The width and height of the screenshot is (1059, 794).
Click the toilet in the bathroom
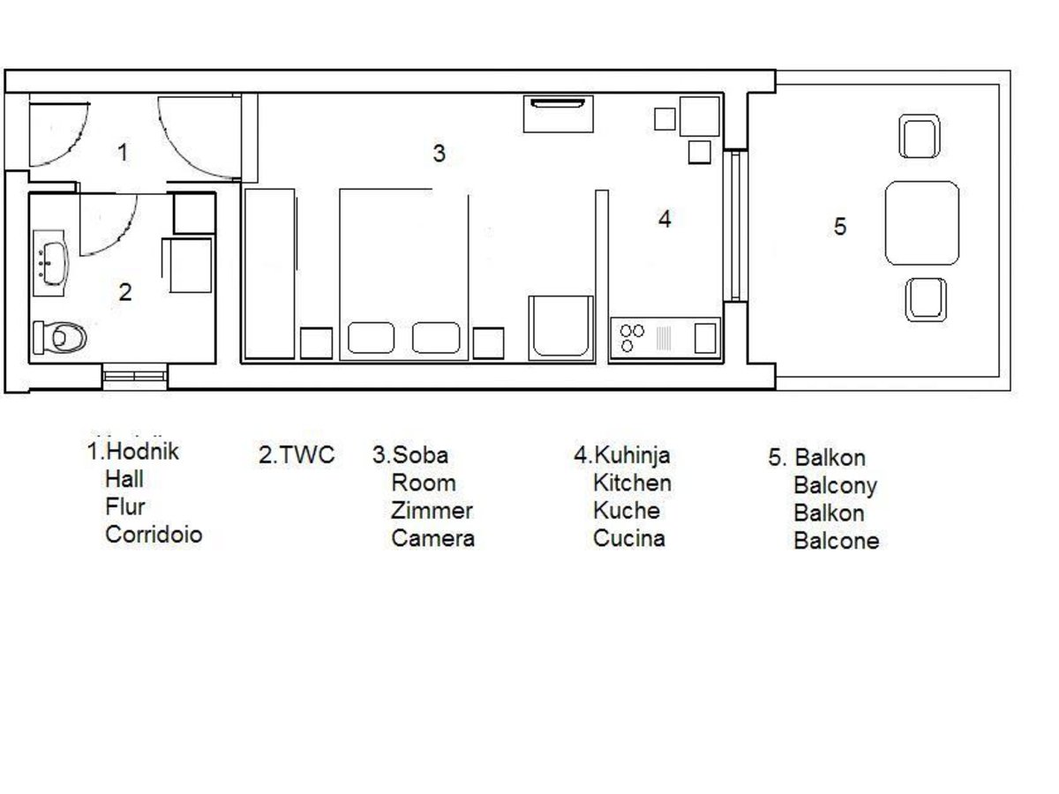[x=60, y=337]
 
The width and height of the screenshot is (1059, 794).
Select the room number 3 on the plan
[x=439, y=154]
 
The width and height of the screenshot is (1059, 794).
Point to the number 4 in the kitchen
[x=665, y=219]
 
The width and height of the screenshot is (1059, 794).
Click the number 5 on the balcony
[x=840, y=226]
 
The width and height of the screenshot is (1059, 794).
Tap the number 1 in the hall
[x=123, y=153]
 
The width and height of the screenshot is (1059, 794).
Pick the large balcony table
[x=922, y=222]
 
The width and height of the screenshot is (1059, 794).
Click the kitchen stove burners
[x=632, y=338]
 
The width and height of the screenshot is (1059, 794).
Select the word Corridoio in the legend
[x=154, y=535]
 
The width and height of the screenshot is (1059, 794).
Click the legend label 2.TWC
[x=297, y=454]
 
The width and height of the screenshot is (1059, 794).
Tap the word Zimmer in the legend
[x=432, y=511]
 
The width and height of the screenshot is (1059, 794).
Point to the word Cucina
[x=628, y=538]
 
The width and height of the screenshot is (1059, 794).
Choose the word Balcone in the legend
[x=836, y=541]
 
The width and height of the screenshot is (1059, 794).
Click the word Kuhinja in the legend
[x=632, y=455]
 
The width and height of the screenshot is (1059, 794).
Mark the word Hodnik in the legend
[x=142, y=451]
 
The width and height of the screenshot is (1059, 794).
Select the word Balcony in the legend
[x=835, y=486]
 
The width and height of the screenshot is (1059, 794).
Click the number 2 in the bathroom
[x=125, y=292]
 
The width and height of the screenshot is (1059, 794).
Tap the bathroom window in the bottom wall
[x=135, y=376]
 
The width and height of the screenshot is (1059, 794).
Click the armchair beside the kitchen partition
[x=561, y=328]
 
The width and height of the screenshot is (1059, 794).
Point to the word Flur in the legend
[x=125, y=506]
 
